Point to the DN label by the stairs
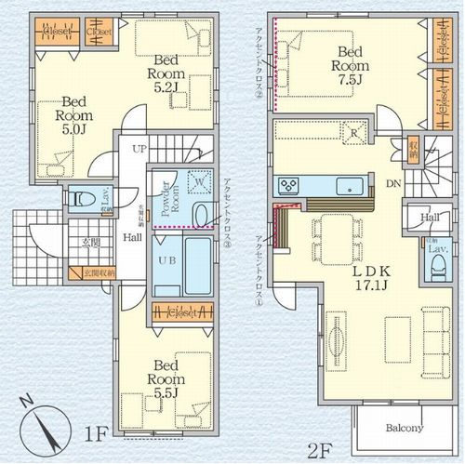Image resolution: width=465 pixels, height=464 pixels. tap(394, 184)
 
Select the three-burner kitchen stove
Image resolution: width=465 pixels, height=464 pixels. tap(288, 183)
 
